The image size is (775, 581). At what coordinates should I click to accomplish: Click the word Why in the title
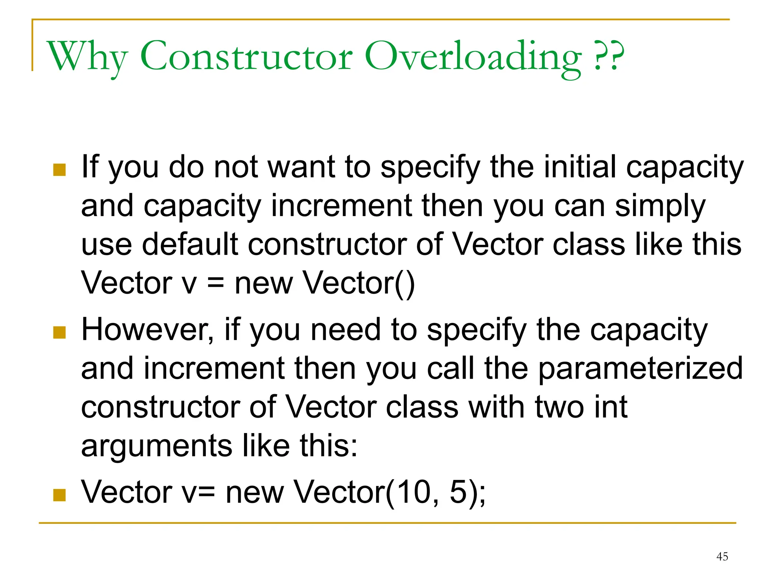click(x=87, y=57)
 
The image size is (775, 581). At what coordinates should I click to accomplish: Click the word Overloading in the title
click(x=473, y=57)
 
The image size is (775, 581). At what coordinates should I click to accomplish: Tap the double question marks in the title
click(x=609, y=57)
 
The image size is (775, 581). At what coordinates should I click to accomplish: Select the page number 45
click(x=722, y=556)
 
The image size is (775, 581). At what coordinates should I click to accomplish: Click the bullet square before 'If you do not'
click(x=59, y=170)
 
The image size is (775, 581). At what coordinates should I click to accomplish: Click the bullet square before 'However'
click(x=59, y=332)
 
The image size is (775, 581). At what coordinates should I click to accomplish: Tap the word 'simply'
click(x=660, y=206)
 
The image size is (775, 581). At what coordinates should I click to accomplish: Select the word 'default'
click(x=190, y=244)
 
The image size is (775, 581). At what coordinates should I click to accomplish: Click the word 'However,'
click(x=148, y=329)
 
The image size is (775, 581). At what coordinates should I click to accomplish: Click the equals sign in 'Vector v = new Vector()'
click(x=216, y=283)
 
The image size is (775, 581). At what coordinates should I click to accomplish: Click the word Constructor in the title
click(x=246, y=57)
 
